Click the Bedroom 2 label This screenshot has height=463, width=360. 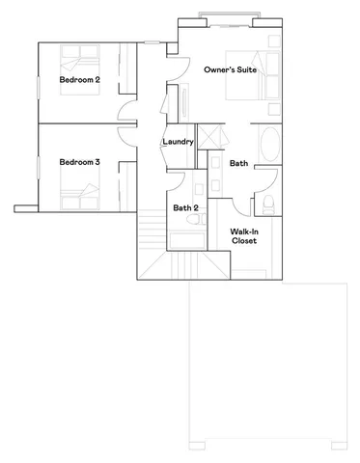pyautogui.click(x=80, y=79)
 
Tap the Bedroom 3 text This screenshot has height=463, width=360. pyautogui.click(x=80, y=162)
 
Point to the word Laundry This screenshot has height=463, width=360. pyautogui.click(x=180, y=142)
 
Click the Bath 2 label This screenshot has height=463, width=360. pyautogui.click(x=185, y=208)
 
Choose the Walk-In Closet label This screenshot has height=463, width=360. pyautogui.click(x=243, y=236)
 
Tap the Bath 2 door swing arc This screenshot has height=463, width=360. pyautogui.click(x=177, y=179)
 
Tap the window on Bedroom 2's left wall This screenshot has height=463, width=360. pyautogui.click(x=38, y=83)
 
